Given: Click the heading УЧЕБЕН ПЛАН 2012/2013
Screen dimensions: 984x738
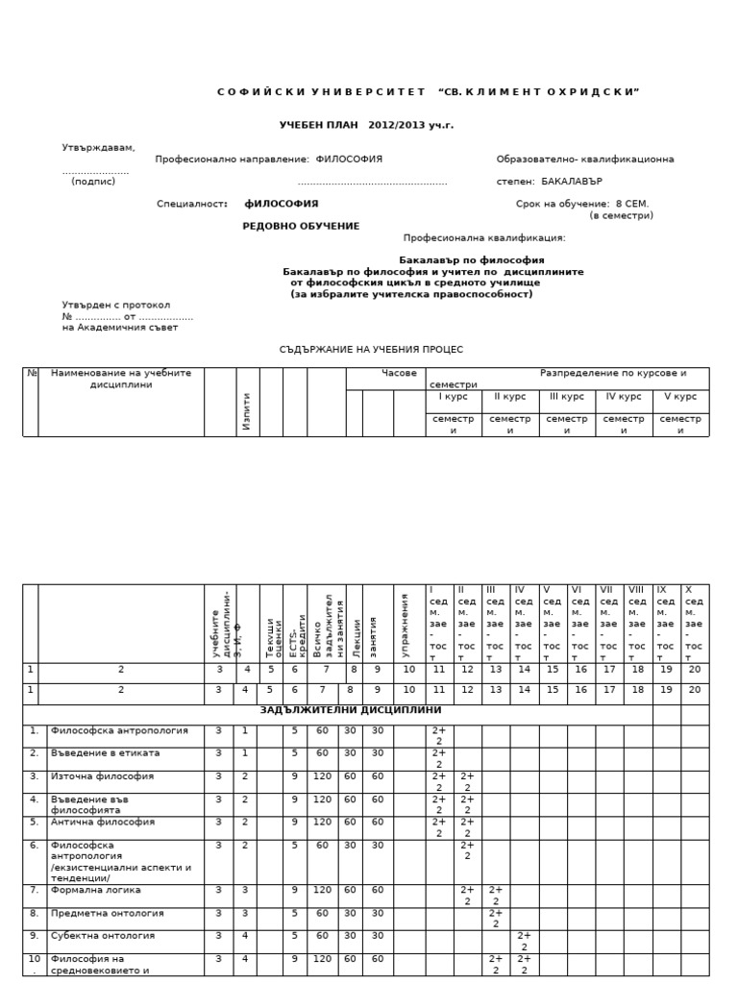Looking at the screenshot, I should pyautogui.click(x=366, y=125).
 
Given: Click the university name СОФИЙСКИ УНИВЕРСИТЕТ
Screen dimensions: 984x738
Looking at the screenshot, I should pyautogui.click(x=321, y=92).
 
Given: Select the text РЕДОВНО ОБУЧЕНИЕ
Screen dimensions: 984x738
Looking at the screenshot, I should pyautogui.click(x=301, y=226).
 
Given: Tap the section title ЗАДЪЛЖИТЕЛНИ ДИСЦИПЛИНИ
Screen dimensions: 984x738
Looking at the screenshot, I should pyautogui.click(x=351, y=710).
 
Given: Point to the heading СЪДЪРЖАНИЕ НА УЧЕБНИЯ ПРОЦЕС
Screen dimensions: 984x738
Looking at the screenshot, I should pyautogui.click(x=371, y=350).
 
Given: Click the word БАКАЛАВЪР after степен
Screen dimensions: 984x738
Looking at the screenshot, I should pyautogui.click(x=572, y=181).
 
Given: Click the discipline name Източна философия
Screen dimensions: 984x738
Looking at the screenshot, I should pyautogui.click(x=102, y=776).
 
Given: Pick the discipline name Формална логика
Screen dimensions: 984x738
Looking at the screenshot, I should pyautogui.click(x=96, y=891).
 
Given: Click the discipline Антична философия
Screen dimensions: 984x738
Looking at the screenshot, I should pyautogui.click(x=102, y=823).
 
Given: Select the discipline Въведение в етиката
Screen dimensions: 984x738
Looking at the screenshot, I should pyautogui.click(x=106, y=753).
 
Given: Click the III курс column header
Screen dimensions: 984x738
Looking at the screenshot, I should pyautogui.click(x=567, y=396).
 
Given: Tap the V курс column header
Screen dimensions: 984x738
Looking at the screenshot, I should pyautogui.click(x=680, y=396).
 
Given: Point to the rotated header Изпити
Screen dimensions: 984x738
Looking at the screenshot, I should pyautogui.click(x=247, y=410).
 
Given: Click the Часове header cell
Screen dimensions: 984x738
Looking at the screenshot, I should pyautogui.click(x=399, y=373).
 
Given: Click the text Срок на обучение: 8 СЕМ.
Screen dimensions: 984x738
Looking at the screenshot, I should pyautogui.click(x=582, y=204).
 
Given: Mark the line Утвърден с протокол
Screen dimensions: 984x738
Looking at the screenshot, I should pyautogui.click(x=116, y=305).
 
